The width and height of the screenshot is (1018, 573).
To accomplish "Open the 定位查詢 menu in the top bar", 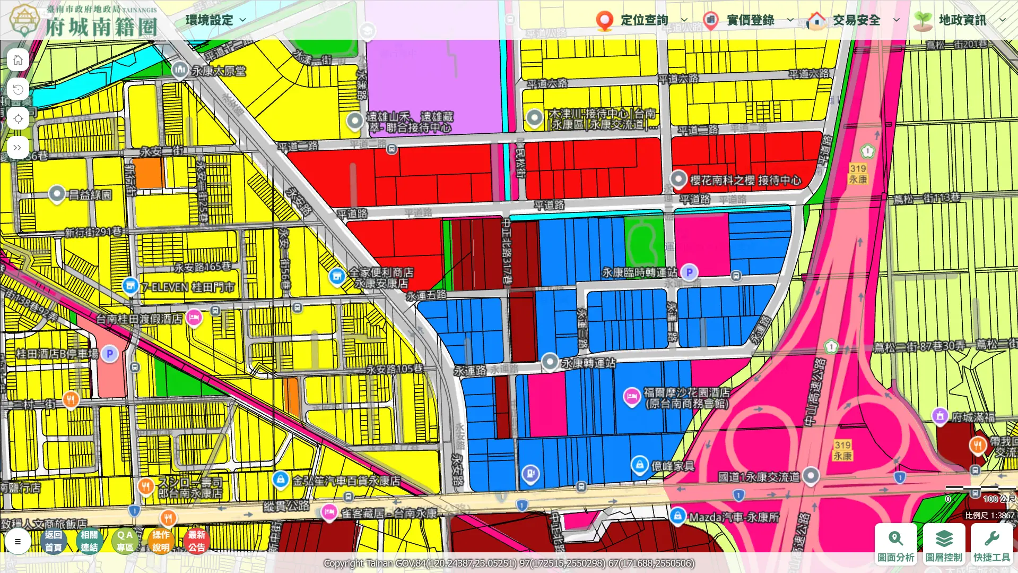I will tap(643, 20).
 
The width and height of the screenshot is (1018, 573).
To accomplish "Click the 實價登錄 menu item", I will tap(750, 20).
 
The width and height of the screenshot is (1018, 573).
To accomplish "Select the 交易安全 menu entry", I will tap(856, 20).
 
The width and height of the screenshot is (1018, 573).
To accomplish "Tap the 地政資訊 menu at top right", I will tap(962, 20).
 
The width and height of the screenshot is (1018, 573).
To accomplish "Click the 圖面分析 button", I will tap(895, 543).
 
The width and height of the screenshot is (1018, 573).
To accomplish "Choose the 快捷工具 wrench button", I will tap(991, 543).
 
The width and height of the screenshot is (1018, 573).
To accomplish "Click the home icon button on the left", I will tap(18, 60).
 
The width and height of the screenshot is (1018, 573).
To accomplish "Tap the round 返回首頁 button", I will tap(53, 541).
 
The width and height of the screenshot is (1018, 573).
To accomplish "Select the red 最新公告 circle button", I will tap(196, 541).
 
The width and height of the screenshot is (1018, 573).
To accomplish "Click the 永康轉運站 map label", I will tap(588, 363).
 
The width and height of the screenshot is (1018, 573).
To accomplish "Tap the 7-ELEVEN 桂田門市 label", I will tap(188, 287).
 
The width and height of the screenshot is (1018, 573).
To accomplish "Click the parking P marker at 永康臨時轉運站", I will tap(689, 273).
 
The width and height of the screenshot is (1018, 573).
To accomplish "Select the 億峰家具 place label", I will tap(673, 466).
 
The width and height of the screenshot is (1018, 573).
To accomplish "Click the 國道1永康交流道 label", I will tap(759, 477).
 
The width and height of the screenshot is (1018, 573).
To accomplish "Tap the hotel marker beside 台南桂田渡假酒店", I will tap(194, 318).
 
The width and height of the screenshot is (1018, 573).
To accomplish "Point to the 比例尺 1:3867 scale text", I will tap(989, 515).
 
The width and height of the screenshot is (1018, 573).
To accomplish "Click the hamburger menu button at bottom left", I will tap(18, 542).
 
